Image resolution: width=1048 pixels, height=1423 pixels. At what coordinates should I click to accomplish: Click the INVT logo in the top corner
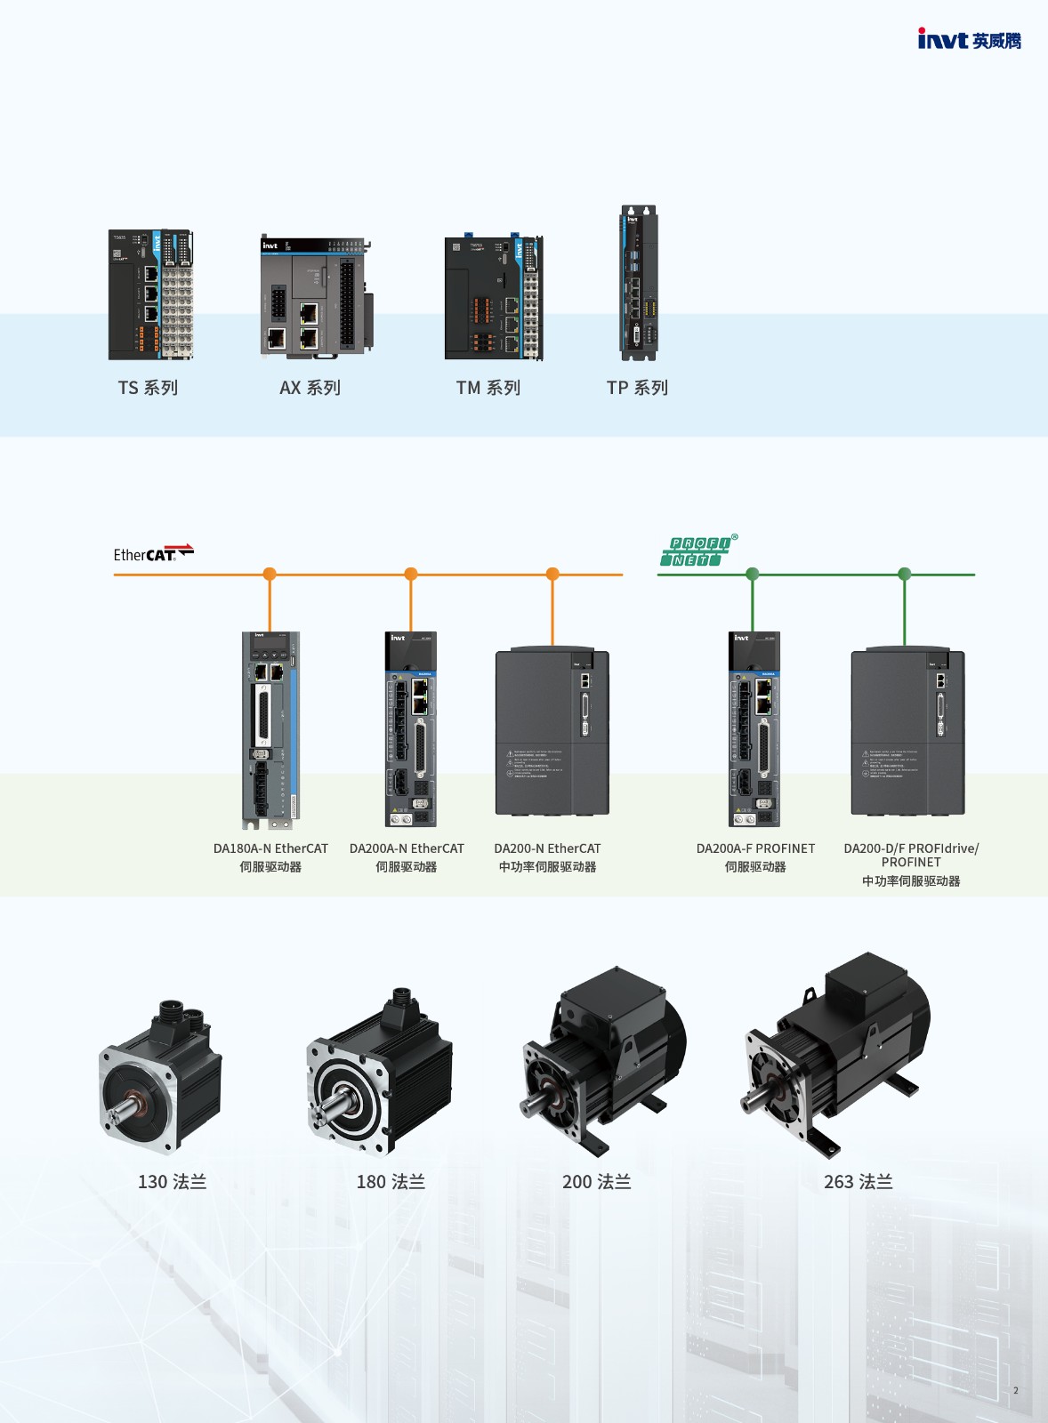click(x=969, y=39)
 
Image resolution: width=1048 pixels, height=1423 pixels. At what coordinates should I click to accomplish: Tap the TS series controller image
click(x=150, y=295)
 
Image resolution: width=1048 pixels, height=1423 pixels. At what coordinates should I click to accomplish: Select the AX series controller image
click(x=316, y=298)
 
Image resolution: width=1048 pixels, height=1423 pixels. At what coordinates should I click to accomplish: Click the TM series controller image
click(x=494, y=298)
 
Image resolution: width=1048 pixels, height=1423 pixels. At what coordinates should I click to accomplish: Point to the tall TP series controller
click(x=639, y=283)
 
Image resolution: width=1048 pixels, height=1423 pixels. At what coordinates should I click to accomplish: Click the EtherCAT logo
click(x=153, y=553)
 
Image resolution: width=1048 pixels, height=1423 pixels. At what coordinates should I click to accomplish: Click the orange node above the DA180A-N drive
click(x=270, y=574)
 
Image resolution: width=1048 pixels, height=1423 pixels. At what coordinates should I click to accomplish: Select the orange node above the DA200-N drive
click(x=552, y=574)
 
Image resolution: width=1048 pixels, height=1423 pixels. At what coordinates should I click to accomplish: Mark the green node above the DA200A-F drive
click(x=753, y=574)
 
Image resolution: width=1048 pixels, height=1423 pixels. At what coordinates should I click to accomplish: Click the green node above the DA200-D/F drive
click(x=905, y=574)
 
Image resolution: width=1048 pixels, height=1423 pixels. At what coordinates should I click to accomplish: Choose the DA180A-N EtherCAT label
click(x=270, y=848)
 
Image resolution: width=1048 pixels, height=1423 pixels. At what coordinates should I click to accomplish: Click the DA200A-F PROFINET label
click(x=755, y=848)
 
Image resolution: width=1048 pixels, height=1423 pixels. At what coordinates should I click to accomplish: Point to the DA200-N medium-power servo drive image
click(x=552, y=731)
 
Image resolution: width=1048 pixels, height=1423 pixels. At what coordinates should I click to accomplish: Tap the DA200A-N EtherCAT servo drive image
click(x=411, y=729)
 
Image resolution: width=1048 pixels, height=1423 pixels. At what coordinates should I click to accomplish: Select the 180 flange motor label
click(x=391, y=1182)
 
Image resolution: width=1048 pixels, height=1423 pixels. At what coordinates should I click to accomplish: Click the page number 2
click(x=1015, y=1390)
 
